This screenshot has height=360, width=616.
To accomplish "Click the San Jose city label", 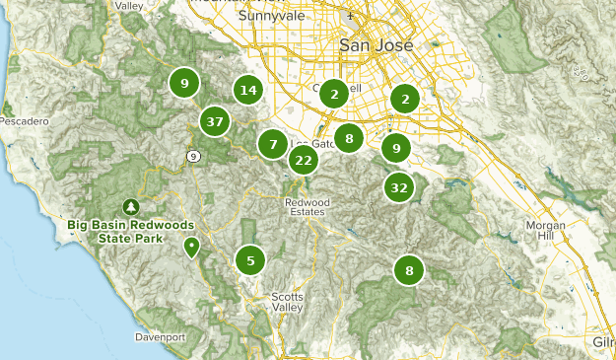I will pos(372,45).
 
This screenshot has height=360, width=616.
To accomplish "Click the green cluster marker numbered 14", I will pos(248,91).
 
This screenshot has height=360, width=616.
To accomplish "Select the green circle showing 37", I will pos(214,122).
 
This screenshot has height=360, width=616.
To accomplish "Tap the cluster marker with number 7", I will pos(273,144).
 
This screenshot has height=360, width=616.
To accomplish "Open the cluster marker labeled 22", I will pos(304,160).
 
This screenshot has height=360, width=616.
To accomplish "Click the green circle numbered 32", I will pos(398,187).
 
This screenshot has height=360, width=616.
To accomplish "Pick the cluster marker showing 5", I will pos(250,260).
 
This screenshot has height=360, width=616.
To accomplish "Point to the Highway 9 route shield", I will pos(194,156).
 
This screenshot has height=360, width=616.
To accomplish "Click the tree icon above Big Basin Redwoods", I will pos(130,207).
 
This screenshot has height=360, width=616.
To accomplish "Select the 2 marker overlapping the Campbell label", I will pos(335,94).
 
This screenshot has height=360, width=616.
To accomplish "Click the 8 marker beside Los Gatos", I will pos(349,139).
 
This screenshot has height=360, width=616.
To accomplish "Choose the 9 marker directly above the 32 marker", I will pos(395,148).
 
